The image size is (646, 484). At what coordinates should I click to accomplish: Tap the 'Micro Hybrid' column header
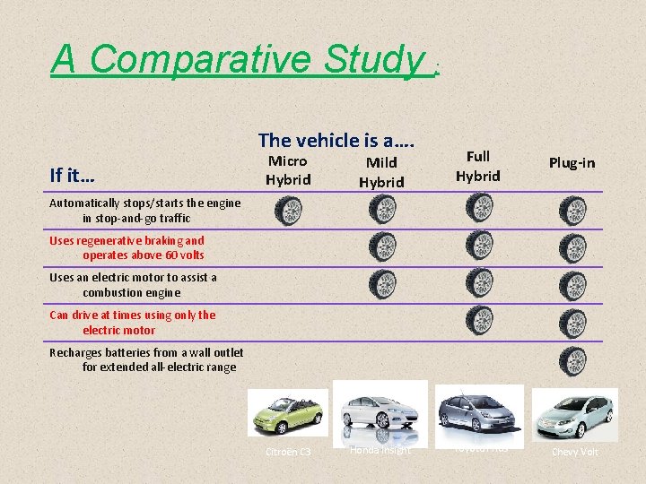288,170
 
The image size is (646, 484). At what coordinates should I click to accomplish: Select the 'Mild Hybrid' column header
381,171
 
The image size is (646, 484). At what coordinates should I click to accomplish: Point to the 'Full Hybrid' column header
477,166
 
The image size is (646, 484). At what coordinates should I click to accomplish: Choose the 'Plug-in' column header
572,162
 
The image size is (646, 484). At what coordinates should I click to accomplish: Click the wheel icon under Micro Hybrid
288,212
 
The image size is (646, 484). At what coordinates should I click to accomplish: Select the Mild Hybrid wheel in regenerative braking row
381,246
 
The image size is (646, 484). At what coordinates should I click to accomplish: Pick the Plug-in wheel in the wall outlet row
572,360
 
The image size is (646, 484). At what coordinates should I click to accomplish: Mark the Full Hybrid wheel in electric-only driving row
478,320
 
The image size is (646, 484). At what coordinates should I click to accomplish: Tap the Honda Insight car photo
380,411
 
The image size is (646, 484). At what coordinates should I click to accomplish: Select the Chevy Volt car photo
574,414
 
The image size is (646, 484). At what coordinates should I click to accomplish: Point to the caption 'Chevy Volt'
575,452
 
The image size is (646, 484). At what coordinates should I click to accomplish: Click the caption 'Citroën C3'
288,452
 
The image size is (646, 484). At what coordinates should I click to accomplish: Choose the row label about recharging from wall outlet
144,359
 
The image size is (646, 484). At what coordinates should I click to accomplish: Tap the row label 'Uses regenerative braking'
127,247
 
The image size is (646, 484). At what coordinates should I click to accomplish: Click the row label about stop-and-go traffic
145,210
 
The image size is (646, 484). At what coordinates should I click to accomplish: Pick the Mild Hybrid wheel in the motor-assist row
381,284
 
